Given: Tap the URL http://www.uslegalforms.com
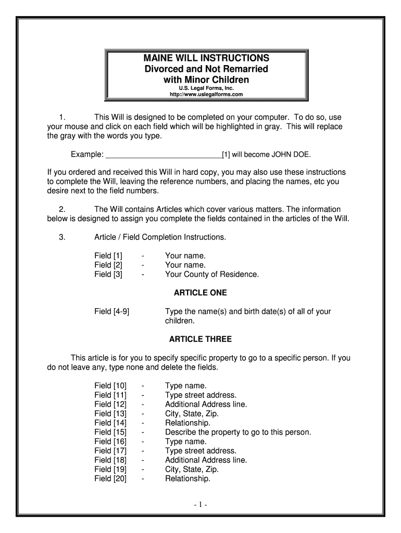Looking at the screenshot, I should (206, 94).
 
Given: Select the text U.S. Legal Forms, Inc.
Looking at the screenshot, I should (206, 88).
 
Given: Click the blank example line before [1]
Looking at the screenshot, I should (164, 155).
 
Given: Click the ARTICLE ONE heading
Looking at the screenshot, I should (200, 293).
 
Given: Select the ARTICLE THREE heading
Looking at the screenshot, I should (200, 339).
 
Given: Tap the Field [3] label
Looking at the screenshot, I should (108, 274).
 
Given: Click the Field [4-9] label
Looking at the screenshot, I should (112, 312).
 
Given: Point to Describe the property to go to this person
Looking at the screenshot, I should (238, 432).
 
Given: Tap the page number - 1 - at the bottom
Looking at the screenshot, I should (200, 505).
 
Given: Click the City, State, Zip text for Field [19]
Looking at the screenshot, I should (192, 469).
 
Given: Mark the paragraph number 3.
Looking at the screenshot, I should (62, 237).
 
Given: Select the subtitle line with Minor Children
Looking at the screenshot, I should (206, 80).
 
